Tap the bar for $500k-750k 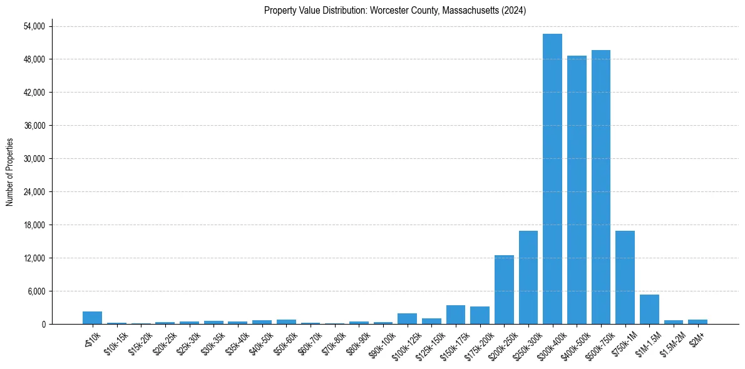(x=601, y=187)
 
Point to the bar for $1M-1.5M (x=649, y=310)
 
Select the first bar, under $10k (x=92, y=318)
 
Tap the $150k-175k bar (x=456, y=315)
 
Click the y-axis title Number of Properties (x=9, y=171)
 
